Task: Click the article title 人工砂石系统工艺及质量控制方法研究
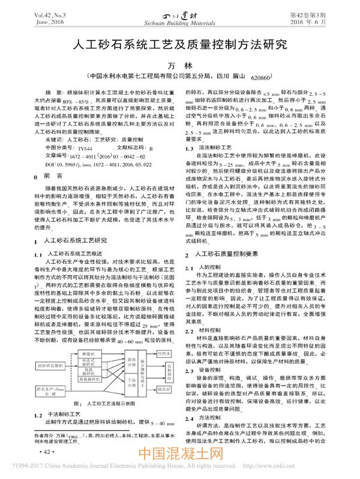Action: (x=180, y=44)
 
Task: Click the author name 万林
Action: (x=181, y=65)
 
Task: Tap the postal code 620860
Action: (x=262, y=78)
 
